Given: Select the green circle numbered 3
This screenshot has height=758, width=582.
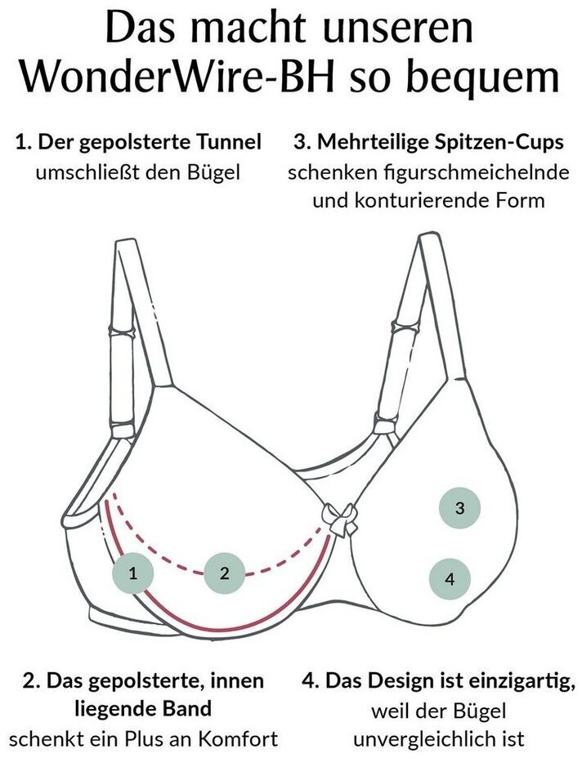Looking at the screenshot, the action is (459, 507).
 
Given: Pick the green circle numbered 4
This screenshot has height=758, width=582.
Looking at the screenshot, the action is (450, 579).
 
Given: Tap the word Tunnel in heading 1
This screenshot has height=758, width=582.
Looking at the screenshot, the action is (223, 141).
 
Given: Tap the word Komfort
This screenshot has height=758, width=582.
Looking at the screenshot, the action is (239, 739).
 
